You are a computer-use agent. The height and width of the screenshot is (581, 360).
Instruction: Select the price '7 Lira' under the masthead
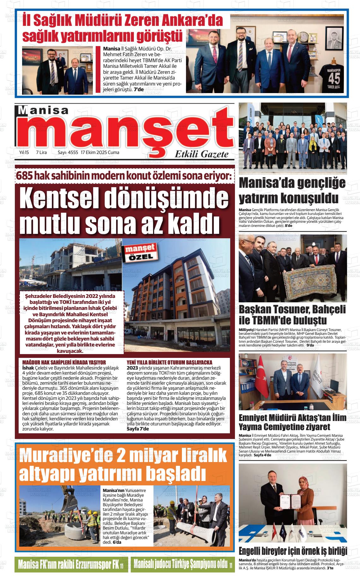(x=41, y=152)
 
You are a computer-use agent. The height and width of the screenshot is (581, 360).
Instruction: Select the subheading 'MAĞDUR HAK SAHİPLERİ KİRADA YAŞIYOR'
(x=64, y=362)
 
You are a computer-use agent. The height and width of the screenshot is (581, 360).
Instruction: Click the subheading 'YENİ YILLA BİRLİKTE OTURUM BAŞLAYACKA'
(x=169, y=362)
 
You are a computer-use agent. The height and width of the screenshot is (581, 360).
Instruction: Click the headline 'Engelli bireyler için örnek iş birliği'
(x=293, y=550)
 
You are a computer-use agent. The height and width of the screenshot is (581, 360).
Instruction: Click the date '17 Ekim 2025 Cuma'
(x=100, y=152)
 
